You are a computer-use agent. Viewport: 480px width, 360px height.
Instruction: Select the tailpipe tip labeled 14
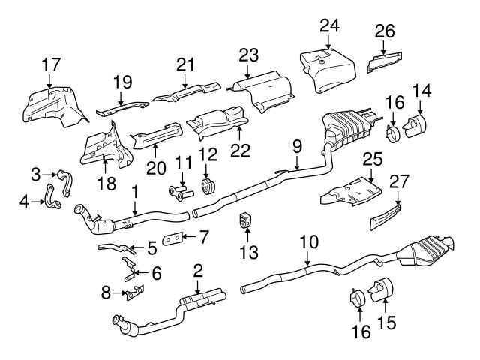(414, 128)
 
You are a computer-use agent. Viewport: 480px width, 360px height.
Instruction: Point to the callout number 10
(308, 243)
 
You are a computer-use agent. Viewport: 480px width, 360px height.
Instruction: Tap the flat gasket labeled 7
(172, 239)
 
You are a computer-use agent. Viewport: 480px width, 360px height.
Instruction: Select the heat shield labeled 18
(103, 150)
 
